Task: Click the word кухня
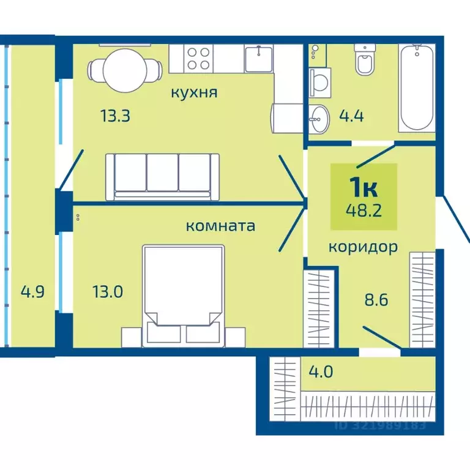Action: [x=194, y=92]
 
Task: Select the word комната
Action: [x=220, y=225]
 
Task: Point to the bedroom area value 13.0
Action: [x=107, y=291]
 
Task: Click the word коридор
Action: [x=364, y=247]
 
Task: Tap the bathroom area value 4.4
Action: [x=351, y=115]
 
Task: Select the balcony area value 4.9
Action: [x=32, y=291]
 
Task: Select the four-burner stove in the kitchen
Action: [x=198, y=59]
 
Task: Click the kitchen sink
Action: [x=259, y=59]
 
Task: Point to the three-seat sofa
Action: [x=162, y=176]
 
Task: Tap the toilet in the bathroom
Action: [x=365, y=62]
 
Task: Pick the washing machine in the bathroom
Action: [x=319, y=80]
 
